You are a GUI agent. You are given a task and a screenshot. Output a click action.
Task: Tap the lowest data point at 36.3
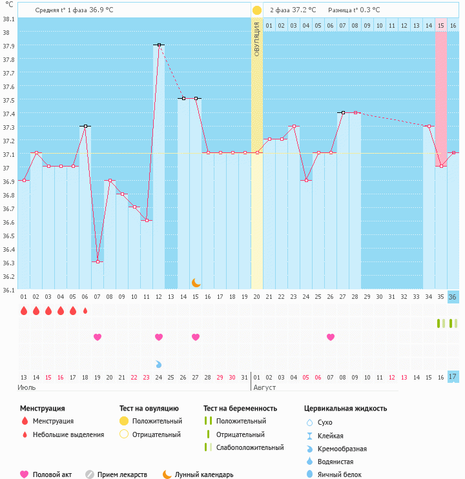[98, 261]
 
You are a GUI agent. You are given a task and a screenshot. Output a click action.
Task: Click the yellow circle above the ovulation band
[257, 10]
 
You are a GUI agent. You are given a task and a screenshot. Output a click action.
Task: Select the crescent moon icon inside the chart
[196, 282]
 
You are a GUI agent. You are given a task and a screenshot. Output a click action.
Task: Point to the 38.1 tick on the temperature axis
[9, 19]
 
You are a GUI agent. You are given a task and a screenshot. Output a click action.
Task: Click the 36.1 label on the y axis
[9, 290]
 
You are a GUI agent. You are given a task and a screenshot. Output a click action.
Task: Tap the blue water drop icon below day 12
[159, 364]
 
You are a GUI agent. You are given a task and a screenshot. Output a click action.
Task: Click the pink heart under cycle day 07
[98, 337]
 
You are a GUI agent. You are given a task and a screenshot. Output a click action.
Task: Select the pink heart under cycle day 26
[331, 337]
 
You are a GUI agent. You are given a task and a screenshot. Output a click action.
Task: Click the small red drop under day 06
[85, 311]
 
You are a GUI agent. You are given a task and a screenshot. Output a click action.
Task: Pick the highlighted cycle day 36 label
[453, 297]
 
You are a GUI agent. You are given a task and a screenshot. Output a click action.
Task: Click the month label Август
[264, 387]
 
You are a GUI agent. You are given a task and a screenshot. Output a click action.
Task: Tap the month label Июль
[26, 387]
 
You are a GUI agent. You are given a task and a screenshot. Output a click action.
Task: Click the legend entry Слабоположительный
[250, 447]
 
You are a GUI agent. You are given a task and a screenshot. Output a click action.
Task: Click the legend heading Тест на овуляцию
[149, 408]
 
